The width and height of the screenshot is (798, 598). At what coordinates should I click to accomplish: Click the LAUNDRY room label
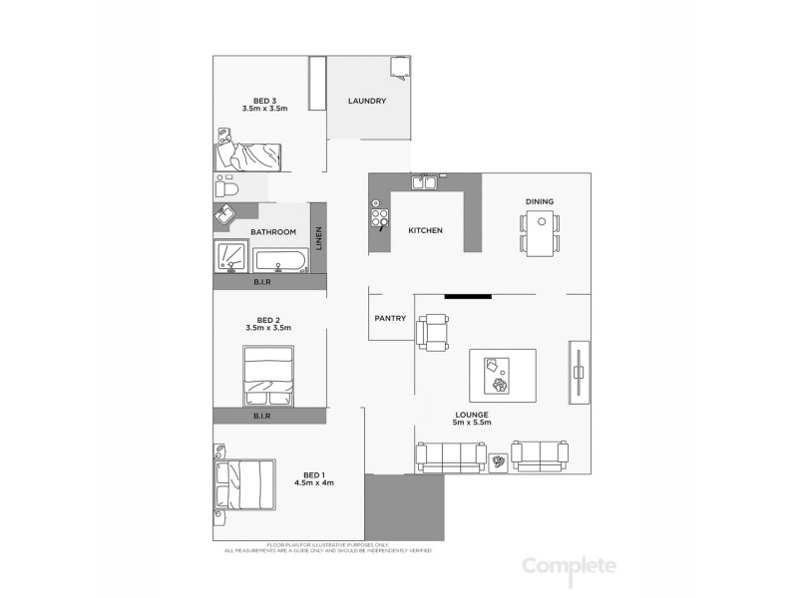point(366,102)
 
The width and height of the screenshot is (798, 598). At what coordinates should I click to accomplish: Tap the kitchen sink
point(428,181)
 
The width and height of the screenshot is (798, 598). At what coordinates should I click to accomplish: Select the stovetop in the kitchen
point(379,216)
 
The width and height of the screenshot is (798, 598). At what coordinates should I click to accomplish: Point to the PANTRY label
point(389,319)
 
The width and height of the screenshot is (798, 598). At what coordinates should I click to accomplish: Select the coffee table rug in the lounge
point(502,375)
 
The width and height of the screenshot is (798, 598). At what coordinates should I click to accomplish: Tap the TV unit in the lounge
point(579,371)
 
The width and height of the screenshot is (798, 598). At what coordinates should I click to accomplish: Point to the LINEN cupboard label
point(319,238)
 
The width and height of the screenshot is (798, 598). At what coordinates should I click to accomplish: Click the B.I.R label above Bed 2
point(262,282)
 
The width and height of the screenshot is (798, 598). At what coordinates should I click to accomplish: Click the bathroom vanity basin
point(225,214)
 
